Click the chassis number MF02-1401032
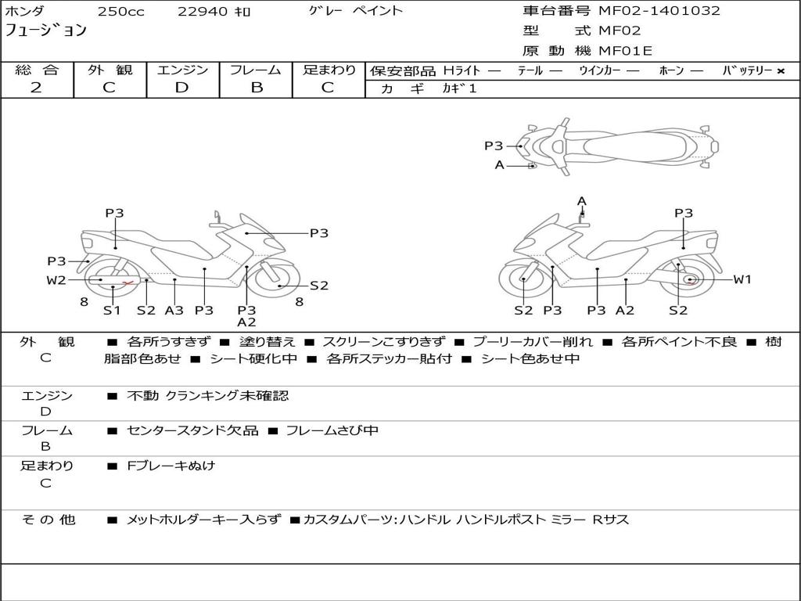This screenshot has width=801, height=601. coord(659,11)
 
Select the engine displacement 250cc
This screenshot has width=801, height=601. coord(120,12)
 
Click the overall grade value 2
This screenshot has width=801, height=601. coord(36,88)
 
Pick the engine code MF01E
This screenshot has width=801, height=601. coord(625,51)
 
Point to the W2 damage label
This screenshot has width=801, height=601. coord(56,280)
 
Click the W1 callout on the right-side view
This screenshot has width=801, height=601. coord(742,279)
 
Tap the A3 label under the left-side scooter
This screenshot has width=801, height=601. coord(174,310)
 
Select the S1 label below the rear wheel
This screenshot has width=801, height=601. coord(112,310)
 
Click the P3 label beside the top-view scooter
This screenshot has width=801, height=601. coord(494,146)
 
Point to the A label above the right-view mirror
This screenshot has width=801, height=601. coord(581,201)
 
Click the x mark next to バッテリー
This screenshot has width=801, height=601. coord(781,71)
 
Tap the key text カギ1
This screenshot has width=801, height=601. coord(459,88)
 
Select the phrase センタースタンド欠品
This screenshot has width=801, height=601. coord(192,431)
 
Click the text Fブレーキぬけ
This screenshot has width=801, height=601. coord(171,466)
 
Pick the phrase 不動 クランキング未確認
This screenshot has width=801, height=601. coord(207,395)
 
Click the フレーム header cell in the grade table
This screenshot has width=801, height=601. coord(256,70)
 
